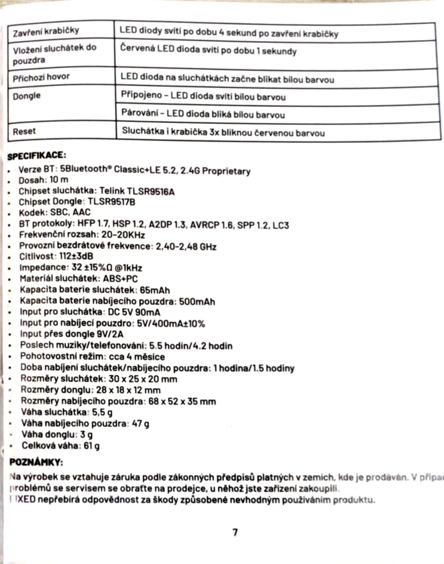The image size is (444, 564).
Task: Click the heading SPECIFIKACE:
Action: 37,156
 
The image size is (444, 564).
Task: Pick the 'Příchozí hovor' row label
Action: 41,78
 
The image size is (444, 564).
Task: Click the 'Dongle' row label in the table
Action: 26,95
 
